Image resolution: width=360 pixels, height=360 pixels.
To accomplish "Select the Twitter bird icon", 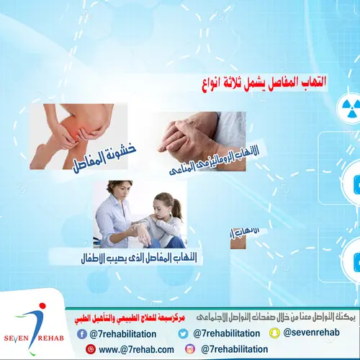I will [x=184, y=333].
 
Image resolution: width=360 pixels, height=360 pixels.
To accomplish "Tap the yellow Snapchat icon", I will [x=275, y=333].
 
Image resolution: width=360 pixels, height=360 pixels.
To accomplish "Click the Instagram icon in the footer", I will [x=190, y=348].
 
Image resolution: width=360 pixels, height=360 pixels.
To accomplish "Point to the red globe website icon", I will [x=91, y=349].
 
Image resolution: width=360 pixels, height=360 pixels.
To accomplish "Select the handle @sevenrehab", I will [x=312, y=333].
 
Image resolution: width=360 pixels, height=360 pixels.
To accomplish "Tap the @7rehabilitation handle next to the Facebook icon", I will [x=123, y=333].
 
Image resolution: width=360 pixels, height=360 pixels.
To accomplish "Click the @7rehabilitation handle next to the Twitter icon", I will [x=225, y=333].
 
